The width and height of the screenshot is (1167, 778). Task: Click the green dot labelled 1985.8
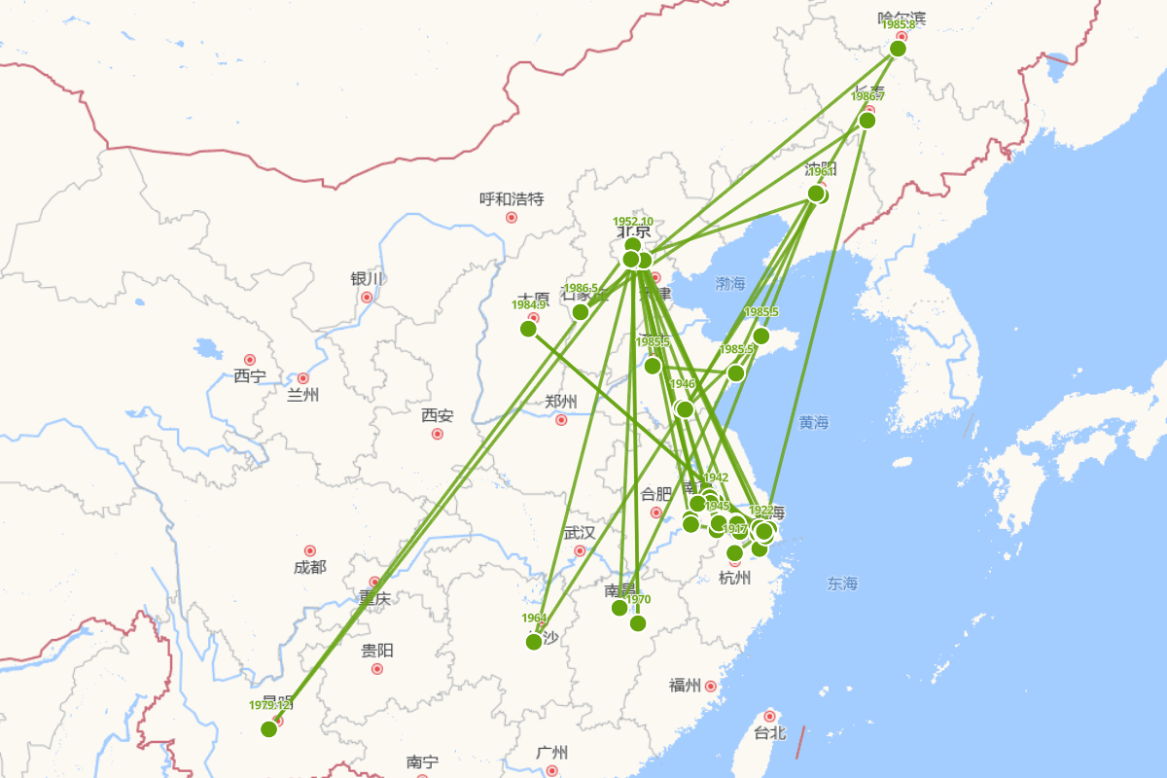pos(898,49)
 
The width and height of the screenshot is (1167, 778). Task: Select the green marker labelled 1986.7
pos(867,121)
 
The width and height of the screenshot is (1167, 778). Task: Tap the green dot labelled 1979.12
pos(269,729)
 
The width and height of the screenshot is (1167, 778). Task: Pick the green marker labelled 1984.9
pos(529,329)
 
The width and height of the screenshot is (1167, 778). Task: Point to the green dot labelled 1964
pos(534,642)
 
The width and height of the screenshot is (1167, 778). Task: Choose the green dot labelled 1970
pos(638,623)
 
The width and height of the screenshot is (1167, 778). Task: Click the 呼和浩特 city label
pos(512,199)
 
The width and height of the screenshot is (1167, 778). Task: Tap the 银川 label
pos(367,279)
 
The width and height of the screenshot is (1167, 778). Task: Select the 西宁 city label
pos(249,376)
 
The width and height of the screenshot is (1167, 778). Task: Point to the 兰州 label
pos(302,395)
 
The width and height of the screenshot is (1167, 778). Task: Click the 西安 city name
pos(438,415)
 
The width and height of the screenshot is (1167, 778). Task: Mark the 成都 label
pos(310,567)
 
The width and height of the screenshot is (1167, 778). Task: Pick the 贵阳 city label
pos(377,651)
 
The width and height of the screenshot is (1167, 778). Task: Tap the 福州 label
pos(685,686)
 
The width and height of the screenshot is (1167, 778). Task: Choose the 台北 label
pos(770,732)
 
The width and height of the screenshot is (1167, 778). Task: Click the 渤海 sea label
pos(730,284)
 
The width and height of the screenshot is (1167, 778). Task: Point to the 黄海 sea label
pos(814,422)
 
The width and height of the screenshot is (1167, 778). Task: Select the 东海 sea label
pos(843,583)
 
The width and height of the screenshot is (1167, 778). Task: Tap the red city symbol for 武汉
pos(581,550)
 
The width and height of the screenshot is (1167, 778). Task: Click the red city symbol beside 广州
pos(551,770)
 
